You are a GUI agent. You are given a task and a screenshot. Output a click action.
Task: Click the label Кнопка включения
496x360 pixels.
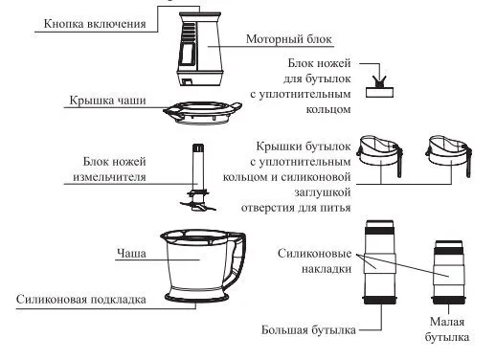click(x=95, y=24)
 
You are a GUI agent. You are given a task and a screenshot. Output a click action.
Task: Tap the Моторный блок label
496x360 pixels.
click(x=289, y=39)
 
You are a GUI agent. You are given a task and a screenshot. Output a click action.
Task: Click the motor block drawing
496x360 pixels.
click(x=200, y=49)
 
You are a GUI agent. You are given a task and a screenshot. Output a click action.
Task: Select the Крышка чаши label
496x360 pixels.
click(x=107, y=101)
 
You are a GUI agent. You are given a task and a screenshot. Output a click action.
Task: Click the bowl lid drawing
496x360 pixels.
click(x=202, y=113)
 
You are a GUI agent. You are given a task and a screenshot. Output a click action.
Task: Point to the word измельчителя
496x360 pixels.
click(x=109, y=177)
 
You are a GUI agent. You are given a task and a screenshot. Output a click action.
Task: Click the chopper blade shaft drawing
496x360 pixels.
click(x=198, y=177)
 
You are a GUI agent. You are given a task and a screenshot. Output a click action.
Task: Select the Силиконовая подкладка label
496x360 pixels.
click(x=81, y=300)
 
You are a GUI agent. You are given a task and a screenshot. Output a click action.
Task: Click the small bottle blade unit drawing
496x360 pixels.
click(x=379, y=86)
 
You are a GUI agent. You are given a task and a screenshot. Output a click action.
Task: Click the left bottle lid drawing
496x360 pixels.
click(x=381, y=155)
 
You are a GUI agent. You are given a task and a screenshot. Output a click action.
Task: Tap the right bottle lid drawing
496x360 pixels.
click(x=449, y=155)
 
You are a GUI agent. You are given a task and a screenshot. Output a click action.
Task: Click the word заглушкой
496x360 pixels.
click(x=323, y=192)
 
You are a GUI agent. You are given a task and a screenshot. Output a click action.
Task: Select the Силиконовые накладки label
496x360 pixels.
click(x=315, y=261)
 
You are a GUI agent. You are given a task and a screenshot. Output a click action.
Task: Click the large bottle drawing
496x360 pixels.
click(x=380, y=261)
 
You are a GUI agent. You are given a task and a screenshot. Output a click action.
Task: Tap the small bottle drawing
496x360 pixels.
click(x=448, y=272)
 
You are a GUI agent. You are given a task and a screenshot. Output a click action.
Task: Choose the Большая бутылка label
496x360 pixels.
click(x=308, y=329)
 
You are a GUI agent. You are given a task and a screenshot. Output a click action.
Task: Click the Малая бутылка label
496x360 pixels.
click(x=447, y=329)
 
